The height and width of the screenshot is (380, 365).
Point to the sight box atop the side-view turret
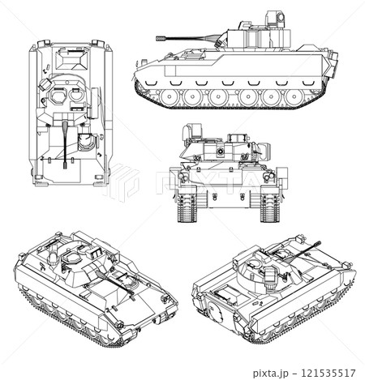(277, 18)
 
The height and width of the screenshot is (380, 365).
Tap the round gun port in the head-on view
(218, 152)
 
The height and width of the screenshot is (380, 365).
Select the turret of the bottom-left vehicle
(81, 261)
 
